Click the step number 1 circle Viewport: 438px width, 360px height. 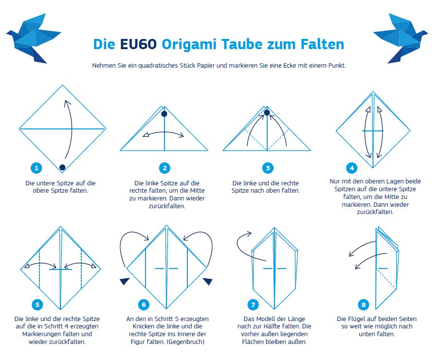point(36,168)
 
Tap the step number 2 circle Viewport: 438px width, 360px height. point(165,168)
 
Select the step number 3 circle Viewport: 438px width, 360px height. point(267,168)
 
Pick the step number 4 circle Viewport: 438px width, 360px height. point(352,168)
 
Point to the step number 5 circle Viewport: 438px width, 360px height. point(37,305)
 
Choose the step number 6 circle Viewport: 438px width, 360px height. point(143,305)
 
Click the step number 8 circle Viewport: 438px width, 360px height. point(363,305)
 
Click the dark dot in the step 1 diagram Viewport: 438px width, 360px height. point(62,167)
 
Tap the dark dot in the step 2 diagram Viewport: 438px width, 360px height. point(164,114)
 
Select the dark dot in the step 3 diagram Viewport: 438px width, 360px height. point(267,113)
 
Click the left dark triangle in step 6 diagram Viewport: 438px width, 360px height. point(125,281)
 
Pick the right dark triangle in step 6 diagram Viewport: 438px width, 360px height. point(208,281)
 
